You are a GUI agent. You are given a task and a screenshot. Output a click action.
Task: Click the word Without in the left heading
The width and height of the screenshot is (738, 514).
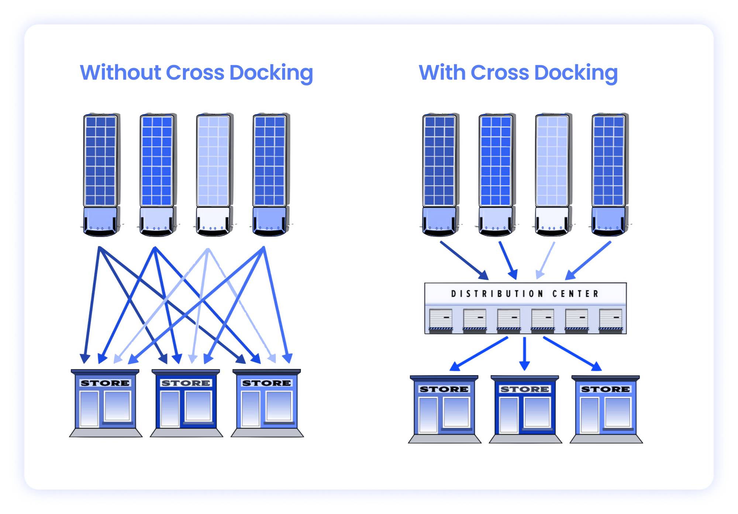point(120,72)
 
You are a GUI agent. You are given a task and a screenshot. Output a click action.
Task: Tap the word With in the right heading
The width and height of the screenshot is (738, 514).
point(442,72)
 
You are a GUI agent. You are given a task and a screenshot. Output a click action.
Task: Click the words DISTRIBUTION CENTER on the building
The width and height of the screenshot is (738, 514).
point(524,294)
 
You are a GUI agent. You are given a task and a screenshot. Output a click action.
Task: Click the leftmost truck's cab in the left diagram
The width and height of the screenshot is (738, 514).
point(100,221)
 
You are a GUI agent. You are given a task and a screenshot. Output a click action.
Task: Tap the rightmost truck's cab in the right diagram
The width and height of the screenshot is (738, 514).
point(608,221)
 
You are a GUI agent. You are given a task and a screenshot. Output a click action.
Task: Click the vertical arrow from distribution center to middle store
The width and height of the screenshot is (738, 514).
point(524,352)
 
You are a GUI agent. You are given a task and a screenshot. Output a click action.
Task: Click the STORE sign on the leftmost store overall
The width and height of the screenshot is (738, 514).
point(105,383)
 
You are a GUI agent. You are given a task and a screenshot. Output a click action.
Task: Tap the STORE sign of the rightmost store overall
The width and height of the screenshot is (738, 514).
point(606,389)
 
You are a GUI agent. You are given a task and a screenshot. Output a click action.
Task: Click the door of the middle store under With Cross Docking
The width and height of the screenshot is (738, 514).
point(508,414)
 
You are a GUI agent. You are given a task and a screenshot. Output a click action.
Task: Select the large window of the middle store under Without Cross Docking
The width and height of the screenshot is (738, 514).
point(198,406)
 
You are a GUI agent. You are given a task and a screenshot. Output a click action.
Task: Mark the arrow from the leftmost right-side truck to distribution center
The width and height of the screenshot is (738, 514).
point(464,260)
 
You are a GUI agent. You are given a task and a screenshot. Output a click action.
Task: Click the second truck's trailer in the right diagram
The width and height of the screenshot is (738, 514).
point(496,161)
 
